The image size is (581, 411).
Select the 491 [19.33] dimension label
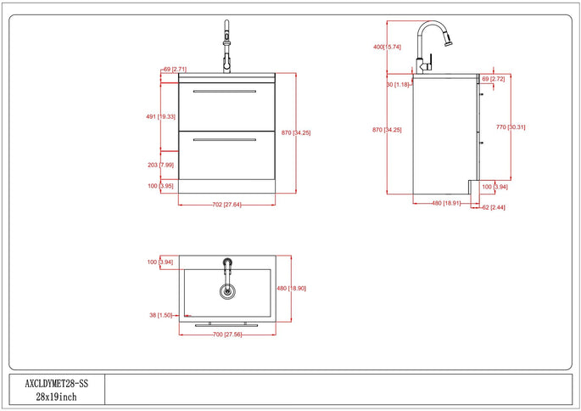coord(160,116)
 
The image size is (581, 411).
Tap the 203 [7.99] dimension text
coord(160,165)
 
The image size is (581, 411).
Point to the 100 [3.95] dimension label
coord(160,185)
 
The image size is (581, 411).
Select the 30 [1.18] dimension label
coord(397,84)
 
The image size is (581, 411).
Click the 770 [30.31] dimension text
coord(517,127)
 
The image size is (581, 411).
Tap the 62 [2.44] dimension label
coord(494,207)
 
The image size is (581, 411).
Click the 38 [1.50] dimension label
coord(160,315)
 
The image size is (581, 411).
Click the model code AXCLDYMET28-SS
coord(57,383)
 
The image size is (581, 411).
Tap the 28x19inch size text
coord(57,397)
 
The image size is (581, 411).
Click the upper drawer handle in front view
coord(225,90)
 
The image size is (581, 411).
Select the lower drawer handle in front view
coord(225,138)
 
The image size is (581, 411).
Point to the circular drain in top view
coord(226,292)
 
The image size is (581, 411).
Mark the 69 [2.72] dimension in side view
coord(494,78)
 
